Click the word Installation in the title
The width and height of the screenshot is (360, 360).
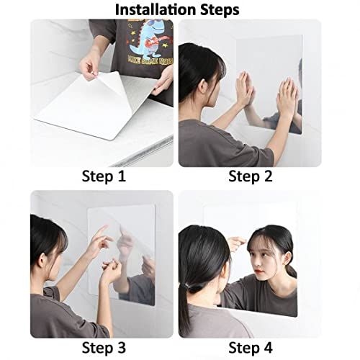point(156,10)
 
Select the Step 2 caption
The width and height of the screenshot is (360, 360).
point(251,176)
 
